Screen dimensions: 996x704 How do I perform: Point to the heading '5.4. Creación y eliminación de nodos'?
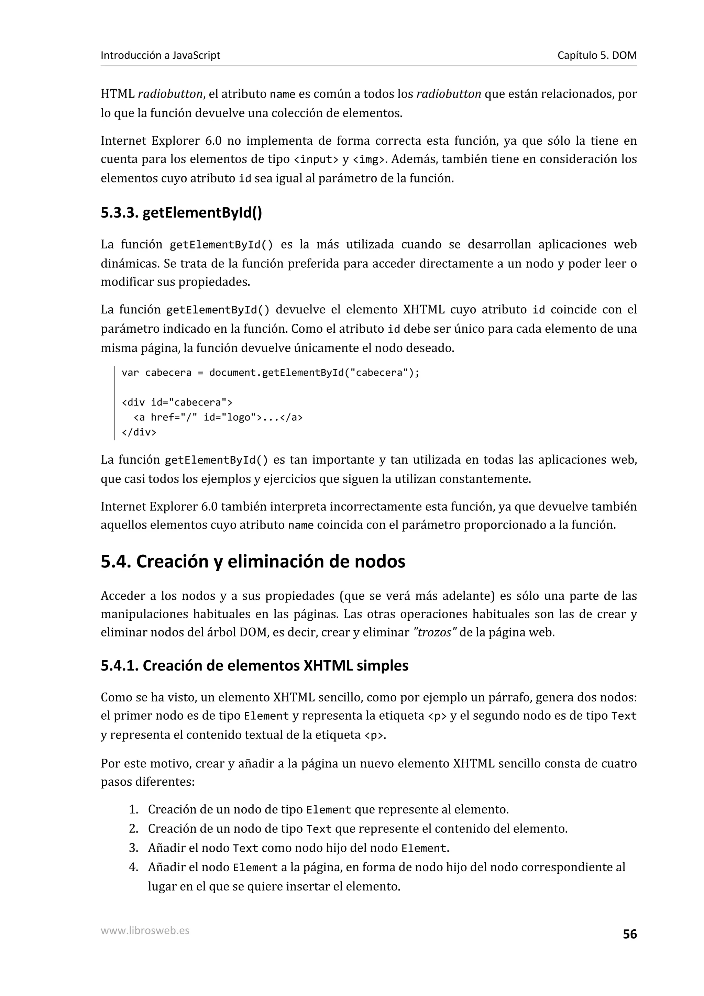253,561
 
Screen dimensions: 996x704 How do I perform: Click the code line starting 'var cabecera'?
270,373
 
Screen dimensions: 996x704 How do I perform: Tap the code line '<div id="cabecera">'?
177,402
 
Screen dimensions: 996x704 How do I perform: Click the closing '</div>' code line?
139,432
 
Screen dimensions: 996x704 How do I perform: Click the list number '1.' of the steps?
134,809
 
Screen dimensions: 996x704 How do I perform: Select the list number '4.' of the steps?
134,867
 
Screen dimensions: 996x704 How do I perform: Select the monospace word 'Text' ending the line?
623,716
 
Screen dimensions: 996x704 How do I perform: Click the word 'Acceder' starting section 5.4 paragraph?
123,596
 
